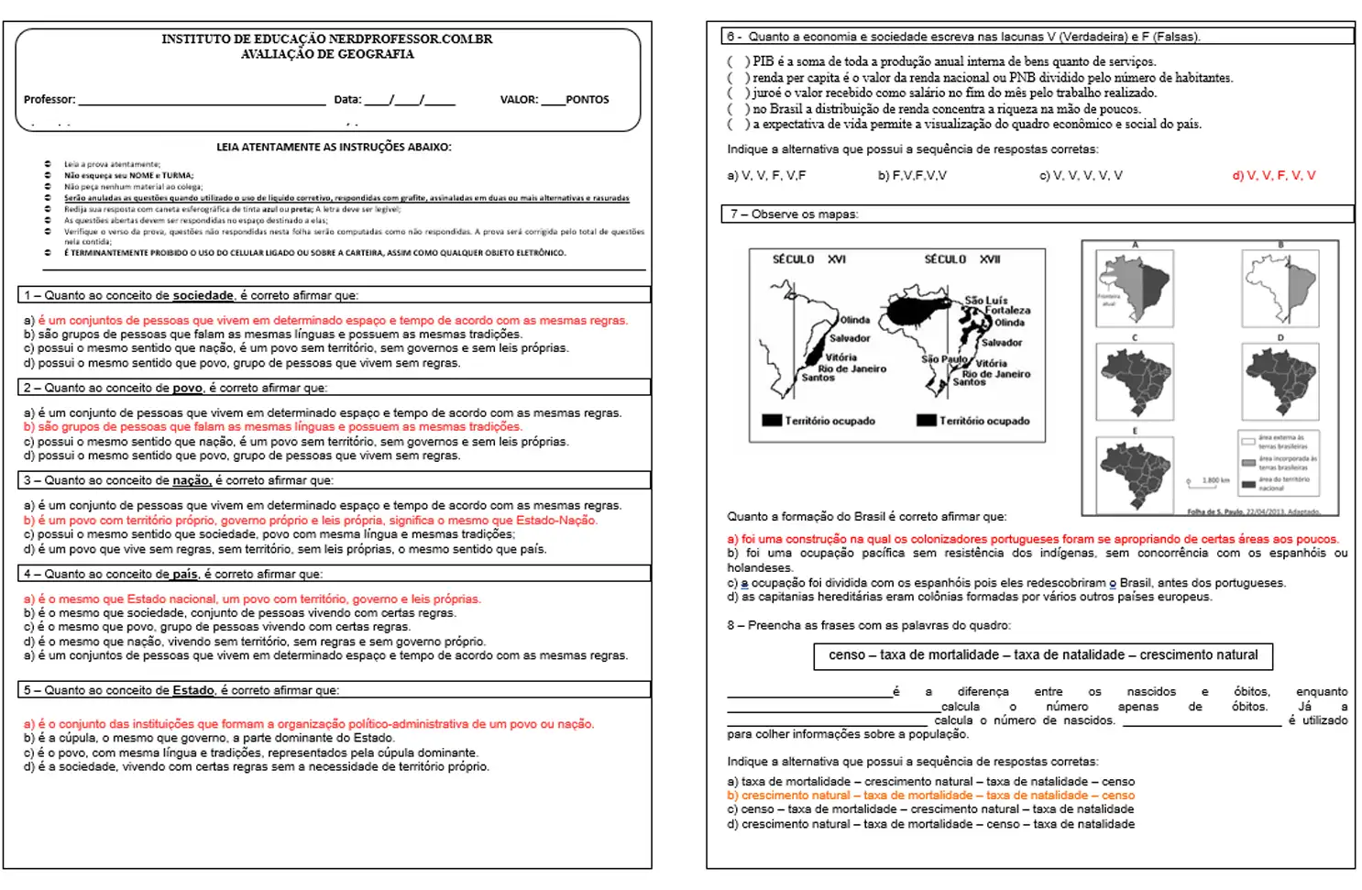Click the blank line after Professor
[202, 101]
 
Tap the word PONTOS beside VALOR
[587, 100]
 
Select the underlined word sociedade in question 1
[203, 296]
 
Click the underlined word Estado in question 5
[193, 691]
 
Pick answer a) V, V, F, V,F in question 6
[766, 176]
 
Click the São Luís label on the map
[985, 301]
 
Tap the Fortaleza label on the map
[1007, 311]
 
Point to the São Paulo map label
[944, 359]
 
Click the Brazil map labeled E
[1135, 473]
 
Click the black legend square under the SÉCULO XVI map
[771, 421]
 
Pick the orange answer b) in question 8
[930, 796]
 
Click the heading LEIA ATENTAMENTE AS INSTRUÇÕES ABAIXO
[334, 148]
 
